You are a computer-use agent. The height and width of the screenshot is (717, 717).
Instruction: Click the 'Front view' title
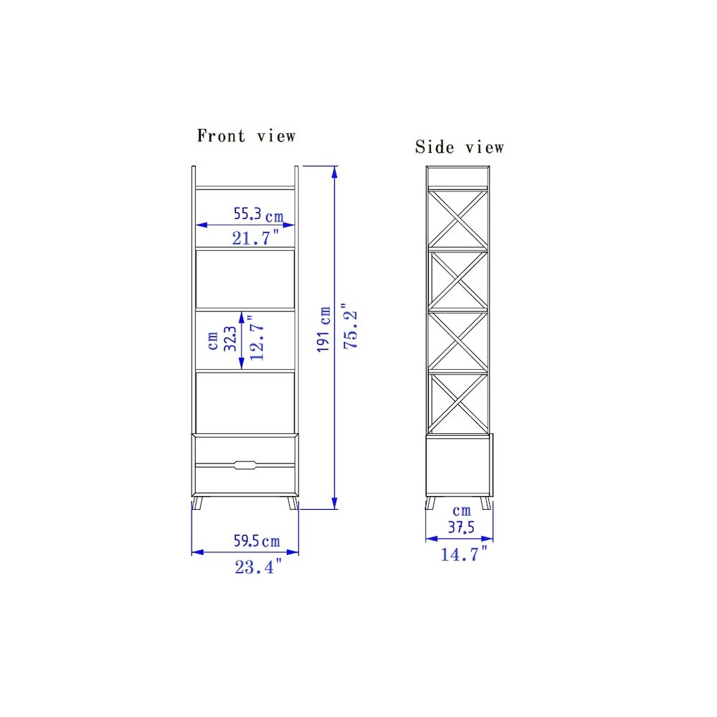coord(246,136)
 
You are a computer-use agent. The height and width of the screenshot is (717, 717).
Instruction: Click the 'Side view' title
coord(460,147)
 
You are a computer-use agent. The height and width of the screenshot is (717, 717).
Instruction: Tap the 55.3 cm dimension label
coord(258,214)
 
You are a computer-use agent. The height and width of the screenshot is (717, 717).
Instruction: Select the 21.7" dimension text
coord(256,238)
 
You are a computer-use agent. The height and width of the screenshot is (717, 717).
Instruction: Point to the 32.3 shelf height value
coord(230,339)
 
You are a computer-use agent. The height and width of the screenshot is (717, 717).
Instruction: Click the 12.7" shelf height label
coord(257,338)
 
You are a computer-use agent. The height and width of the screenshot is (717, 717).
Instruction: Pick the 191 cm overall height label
coord(324,329)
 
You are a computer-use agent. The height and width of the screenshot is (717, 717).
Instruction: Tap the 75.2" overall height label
coord(351,326)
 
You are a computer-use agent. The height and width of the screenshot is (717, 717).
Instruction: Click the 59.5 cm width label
coord(257,541)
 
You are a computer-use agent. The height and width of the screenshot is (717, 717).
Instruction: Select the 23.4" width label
coord(258,567)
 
